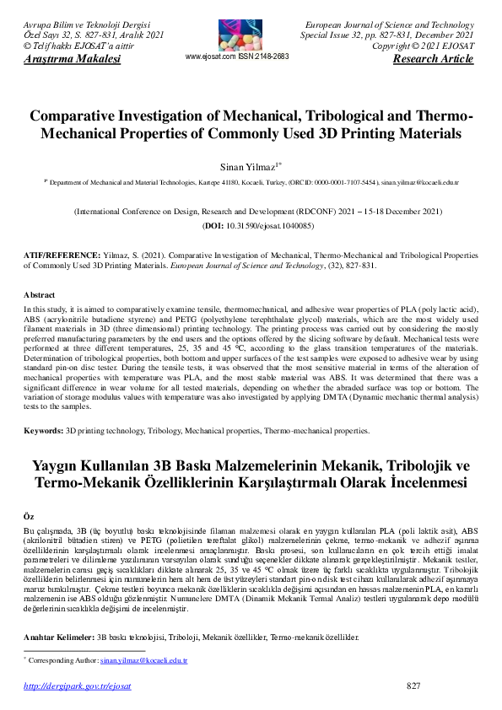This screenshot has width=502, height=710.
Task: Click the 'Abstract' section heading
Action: (x=39, y=295)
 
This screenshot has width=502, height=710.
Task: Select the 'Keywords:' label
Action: (x=43, y=431)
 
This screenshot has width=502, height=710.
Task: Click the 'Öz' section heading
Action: (x=28, y=514)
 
